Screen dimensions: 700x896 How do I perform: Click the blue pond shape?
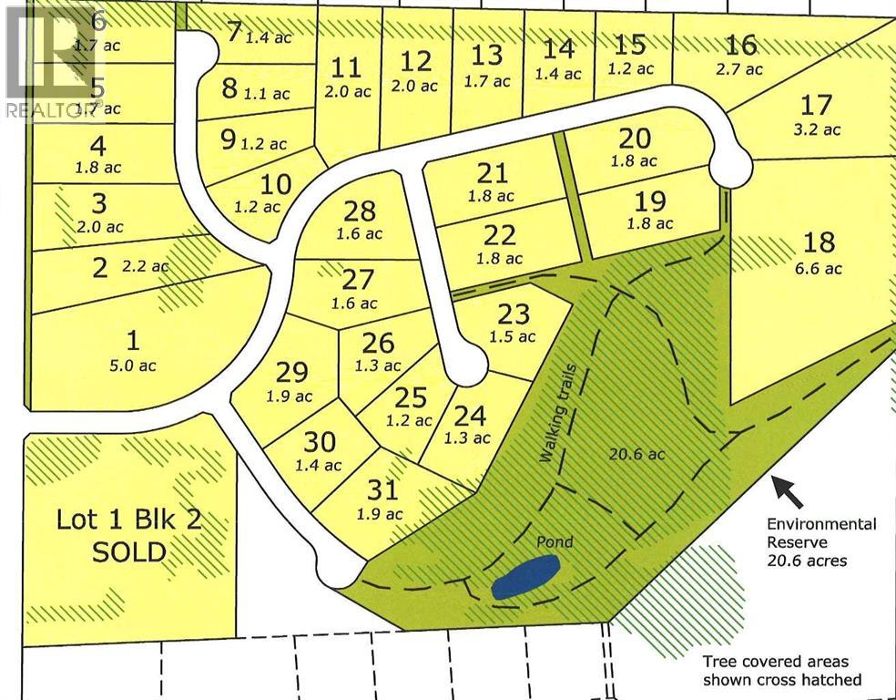coord(524,578)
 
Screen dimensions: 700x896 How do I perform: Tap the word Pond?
coord(554,542)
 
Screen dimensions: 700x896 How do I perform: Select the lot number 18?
coord(820,242)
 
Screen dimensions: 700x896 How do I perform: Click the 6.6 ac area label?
coord(820,268)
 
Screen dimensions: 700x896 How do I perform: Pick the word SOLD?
coord(127,551)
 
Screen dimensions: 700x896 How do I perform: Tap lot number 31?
coord(383,490)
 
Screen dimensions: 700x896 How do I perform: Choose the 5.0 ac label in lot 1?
coord(134,365)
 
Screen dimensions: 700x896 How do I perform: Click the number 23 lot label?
coord(513,314)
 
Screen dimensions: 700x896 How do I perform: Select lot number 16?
coord(742,44)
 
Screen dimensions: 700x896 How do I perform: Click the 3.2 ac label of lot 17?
coord(818,129)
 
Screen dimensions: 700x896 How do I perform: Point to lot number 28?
coord(360,211)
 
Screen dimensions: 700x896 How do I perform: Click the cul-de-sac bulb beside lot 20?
coord(731,169)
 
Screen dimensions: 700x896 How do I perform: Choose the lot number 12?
coord(415,61)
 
